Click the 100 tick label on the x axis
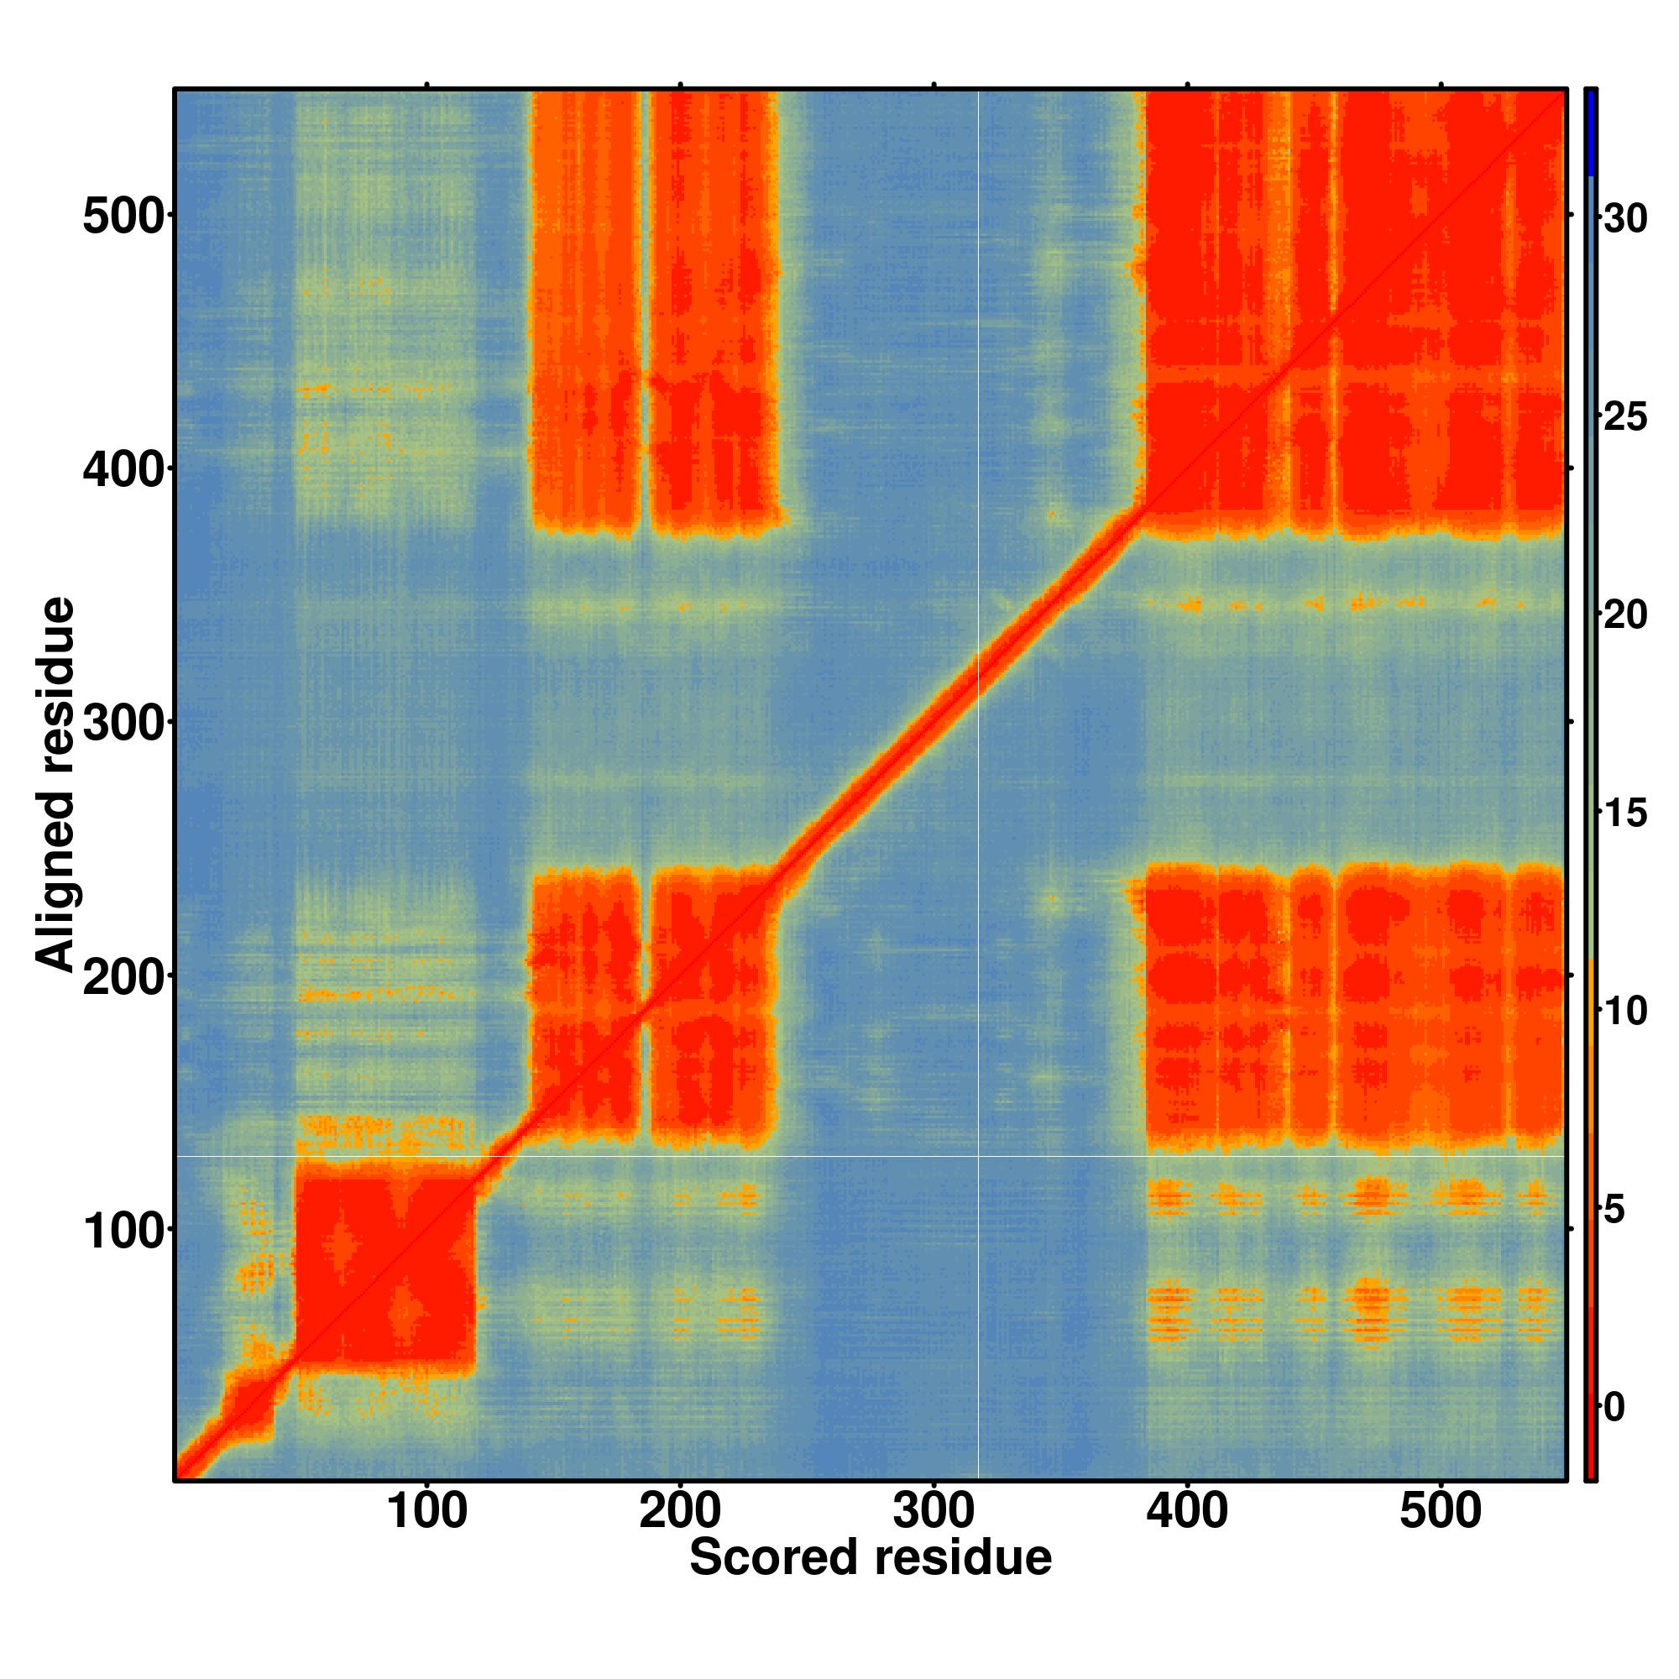(426, 1511)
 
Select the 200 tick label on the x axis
(680, 1511)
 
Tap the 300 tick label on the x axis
(934, 1511)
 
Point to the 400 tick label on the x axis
(1187, 1511)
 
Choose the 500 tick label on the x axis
(1440, 1511)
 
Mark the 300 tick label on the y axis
(123, 723)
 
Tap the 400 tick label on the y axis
(123, 470)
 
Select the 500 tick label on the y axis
(123, 217)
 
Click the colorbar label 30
(1624, 219)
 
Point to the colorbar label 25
(1624, 417)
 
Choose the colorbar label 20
(1624, 615)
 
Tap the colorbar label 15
(1624, 814)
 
